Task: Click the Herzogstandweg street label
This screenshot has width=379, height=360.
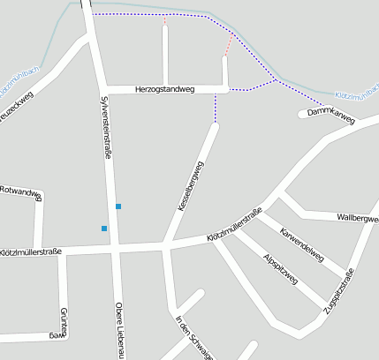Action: point(166,89)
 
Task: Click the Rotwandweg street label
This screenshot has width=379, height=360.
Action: point(19,190)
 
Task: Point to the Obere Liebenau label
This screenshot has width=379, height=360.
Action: point(119,331)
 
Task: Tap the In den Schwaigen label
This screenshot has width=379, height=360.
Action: point(194,337)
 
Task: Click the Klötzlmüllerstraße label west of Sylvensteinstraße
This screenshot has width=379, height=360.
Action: point(31,252)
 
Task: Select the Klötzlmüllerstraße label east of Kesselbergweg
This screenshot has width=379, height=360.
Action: point(234,225)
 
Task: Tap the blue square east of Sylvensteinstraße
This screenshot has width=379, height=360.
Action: point(118,206)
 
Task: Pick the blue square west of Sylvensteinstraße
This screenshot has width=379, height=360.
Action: point(104,229)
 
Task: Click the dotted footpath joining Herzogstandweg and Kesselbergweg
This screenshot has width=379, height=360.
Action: point(215,108)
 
